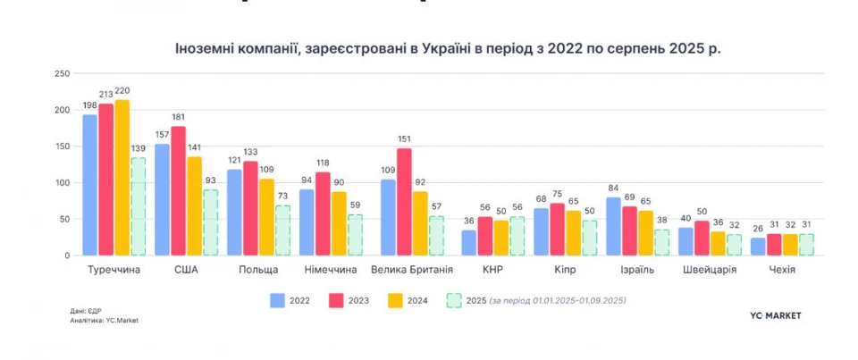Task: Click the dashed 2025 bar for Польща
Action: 282,230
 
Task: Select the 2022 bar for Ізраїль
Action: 613,226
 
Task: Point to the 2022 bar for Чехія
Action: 758,246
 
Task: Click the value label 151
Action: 404,138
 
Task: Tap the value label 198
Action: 89,105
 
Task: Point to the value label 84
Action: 613,188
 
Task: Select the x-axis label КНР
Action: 493,270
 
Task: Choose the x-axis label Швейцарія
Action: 711,270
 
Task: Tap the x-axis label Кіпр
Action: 565,270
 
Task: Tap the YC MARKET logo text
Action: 775,315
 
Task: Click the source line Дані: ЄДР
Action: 88,311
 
